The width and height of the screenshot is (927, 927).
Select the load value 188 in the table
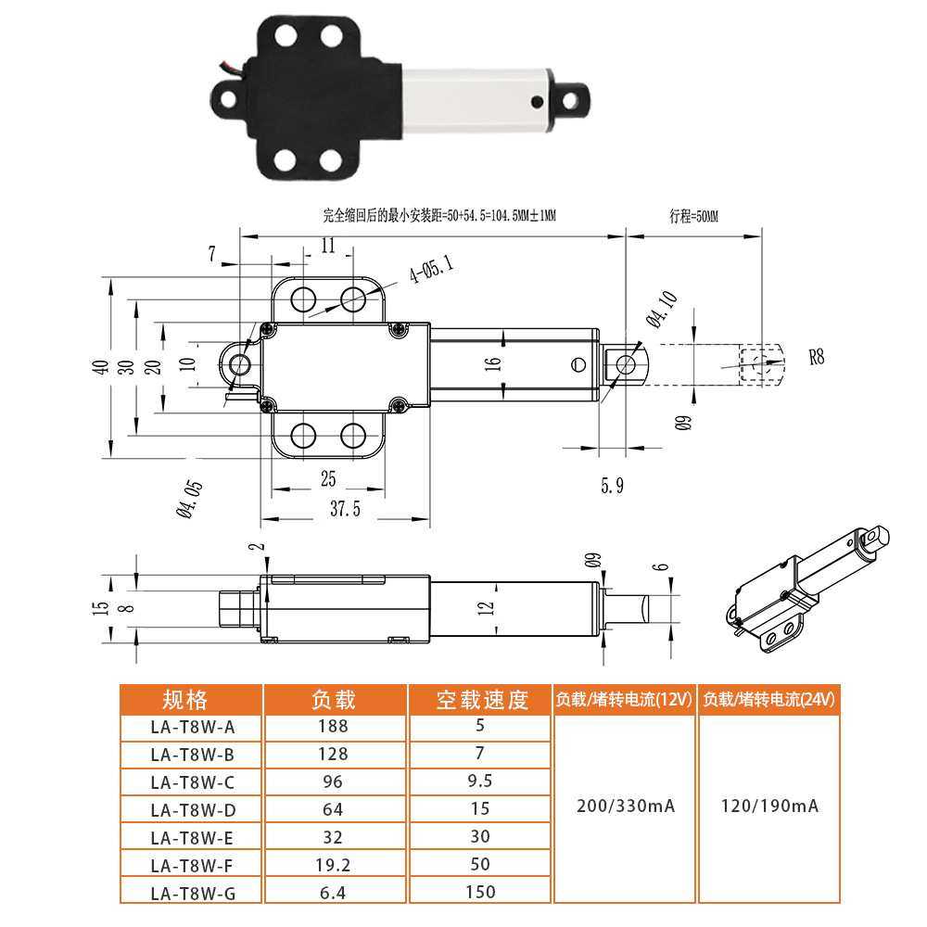[333, 727]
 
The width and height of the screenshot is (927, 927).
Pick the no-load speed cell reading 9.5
[480, 781]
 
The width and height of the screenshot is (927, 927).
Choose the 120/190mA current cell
[769, 806]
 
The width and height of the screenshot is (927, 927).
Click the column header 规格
[191, 699]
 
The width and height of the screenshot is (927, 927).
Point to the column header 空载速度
[481, 700]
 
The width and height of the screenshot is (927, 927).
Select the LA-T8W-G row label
[192, 894]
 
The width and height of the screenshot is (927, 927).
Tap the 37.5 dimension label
[344, 509]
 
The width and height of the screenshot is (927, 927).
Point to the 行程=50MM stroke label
[693, 216]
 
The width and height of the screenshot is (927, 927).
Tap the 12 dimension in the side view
[489, 607]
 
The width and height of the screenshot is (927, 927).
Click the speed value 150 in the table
[480, 892]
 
